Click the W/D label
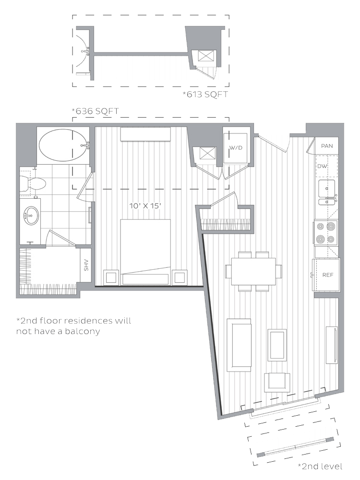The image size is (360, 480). pos(236,148)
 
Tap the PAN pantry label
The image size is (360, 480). pos(327,146)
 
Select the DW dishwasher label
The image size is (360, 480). pos(322,166)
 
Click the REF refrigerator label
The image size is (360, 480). pos(327,275)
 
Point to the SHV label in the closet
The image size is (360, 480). pos(86,265)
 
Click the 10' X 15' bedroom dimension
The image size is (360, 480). pos(145,206)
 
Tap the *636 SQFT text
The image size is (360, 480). pos(95,111)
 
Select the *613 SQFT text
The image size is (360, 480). pos(205,94)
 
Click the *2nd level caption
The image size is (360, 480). pos(320,466)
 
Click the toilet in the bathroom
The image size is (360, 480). pos(33,184)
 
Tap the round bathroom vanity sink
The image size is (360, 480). pos(31,216)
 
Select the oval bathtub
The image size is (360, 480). pos(63,145)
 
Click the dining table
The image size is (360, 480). pos(253,271)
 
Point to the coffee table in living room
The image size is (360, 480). pos(277,345)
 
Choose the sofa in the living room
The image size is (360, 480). pos(239,345)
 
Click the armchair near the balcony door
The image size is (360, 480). pos(277,383)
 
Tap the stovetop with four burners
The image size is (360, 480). pos(326,233)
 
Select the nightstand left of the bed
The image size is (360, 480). pos(111,277)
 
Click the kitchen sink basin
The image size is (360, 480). pos(326,189)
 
